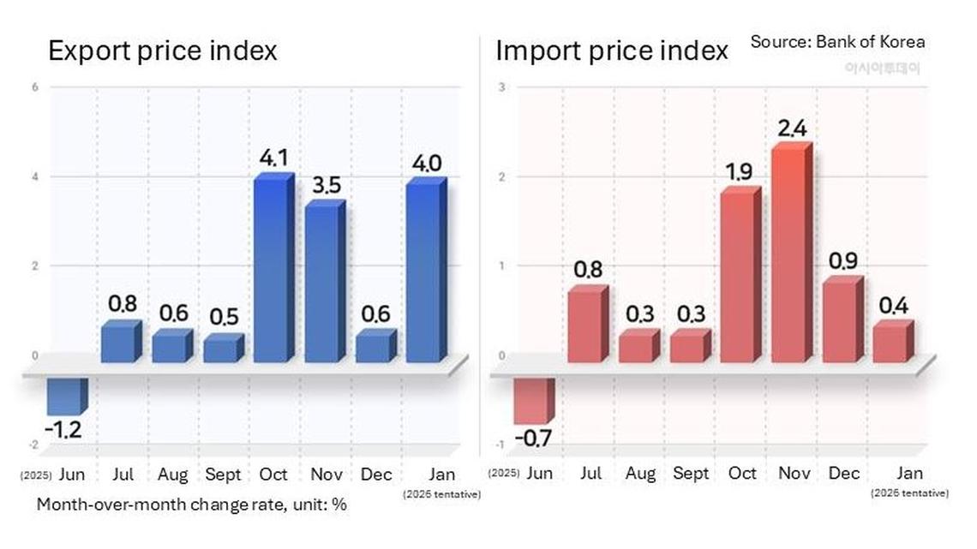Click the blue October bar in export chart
point(273,270)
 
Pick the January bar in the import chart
point(891,343)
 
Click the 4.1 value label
point(273,158)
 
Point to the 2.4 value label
point(792,128)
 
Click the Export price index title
point(163,51)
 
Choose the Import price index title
point(612,51)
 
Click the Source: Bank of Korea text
point(837,41)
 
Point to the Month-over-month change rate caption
point(191,504)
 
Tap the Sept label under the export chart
point(223,474)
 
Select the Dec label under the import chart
point(843,473)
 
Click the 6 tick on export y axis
point(34,87)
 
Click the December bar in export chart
point(375,347)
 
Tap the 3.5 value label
point(324,184)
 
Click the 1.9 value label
point(739,171)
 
